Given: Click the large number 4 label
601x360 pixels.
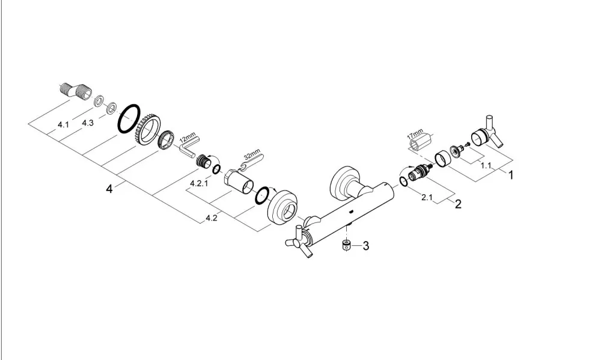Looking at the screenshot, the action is pyautogui.click(x=109, y=189).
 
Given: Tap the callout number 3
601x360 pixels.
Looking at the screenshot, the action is pyautogui.click(x=365, y=246).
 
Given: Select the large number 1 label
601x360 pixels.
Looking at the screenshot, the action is pyautogui.click(x=510, y=175).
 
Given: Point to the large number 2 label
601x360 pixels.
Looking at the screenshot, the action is pyautogui.click(x=458, y=204).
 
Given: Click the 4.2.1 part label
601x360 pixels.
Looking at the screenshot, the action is pyautogui.click(x=199, y=183).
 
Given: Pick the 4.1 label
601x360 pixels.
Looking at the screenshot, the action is pyautogui.click(x=63, y=124).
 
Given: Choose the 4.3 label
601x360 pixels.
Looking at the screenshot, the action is pyautogui.click(x=88, y=123).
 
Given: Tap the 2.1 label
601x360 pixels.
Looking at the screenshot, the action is pyautogui.click(x=427, y=198).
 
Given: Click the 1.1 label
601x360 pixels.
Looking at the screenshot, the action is pyautogui.click(x=486, y=166).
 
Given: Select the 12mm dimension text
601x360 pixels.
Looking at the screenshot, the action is pyautogui.click(x=188, y=138).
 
